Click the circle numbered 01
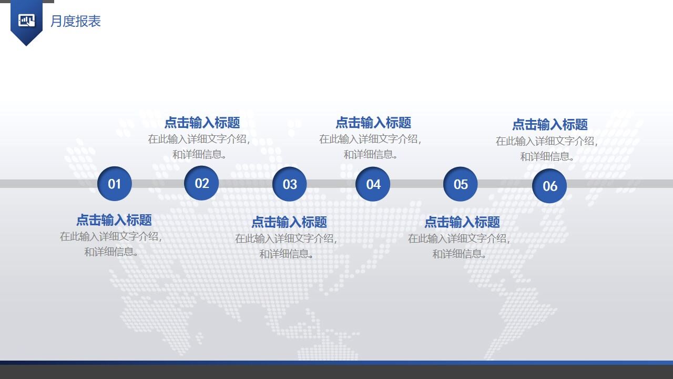click(x=115, y=184)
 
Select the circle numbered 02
click(x=202, y=183)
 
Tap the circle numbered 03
click(x=290, y=184)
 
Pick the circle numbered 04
click(x=373, y=184)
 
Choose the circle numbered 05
click(x=461, y=184)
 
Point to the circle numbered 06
click(x=549, y=186)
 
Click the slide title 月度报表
click(x=76, y=22)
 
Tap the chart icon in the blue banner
click(x=26, y=21)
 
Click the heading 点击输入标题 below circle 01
click(x=114, y=220)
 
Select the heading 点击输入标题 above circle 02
click(x=202, y=123)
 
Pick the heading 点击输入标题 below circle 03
click(x=289, y=222)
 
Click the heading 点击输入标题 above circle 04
click(x=373, y=123)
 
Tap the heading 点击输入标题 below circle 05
click(x=462, y=222)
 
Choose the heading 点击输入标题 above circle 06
click(x=550, y=125)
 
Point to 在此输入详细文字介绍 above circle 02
click(x=199, y=139)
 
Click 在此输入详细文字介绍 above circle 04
click(x=370, y=139)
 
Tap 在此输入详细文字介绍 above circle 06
click(x=547, y=141)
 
